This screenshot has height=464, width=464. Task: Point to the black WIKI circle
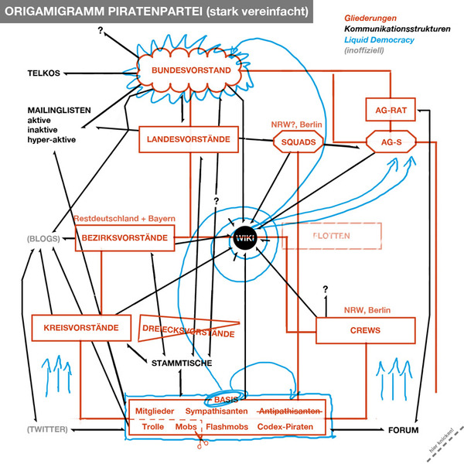point(244,234)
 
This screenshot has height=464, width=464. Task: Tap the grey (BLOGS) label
point(43,239)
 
